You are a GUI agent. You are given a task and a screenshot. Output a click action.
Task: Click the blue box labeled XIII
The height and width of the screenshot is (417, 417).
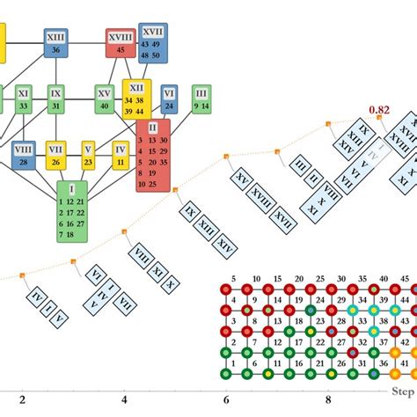57,42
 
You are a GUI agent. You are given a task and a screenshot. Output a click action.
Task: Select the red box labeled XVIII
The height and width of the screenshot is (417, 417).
121,42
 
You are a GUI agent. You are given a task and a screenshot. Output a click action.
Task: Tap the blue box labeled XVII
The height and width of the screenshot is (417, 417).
151,43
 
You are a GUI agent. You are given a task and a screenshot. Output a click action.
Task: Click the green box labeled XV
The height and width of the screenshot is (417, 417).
105,98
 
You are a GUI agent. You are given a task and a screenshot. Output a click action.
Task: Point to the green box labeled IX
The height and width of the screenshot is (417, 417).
55,98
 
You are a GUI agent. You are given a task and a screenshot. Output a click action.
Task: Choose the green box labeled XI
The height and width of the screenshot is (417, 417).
24,98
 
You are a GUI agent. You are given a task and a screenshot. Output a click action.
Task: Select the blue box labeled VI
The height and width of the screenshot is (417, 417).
170,98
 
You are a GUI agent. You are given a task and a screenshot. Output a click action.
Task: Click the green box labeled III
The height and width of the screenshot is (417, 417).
201,98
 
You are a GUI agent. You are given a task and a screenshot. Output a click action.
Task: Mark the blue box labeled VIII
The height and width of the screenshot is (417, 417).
23,155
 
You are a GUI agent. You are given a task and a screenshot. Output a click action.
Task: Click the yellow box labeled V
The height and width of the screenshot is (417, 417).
88,155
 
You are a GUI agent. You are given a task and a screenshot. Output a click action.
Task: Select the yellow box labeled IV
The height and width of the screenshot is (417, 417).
120,155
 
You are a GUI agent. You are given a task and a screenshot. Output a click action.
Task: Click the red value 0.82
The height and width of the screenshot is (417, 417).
379,110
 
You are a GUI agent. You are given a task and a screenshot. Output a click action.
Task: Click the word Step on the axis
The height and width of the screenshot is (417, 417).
402,387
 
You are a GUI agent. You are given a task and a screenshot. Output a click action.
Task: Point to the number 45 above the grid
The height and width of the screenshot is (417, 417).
394,278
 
